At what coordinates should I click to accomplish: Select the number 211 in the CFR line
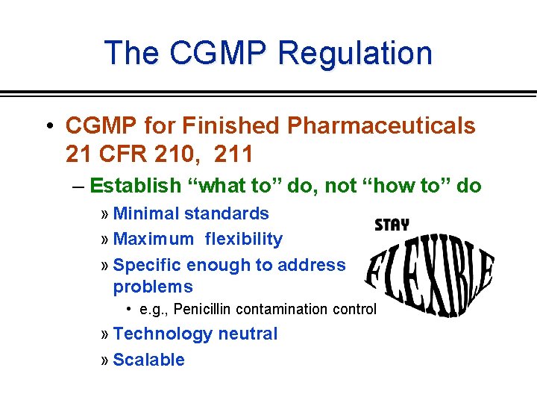point(233,154)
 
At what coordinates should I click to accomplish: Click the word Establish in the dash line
point(136,185)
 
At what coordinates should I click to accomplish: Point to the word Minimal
point(146,213)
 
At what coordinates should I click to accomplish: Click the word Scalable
point(148,360)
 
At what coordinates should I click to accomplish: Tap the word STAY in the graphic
point(392,224)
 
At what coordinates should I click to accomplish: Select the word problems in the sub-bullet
point(153,287)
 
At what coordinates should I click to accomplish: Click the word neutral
point(246,334)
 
